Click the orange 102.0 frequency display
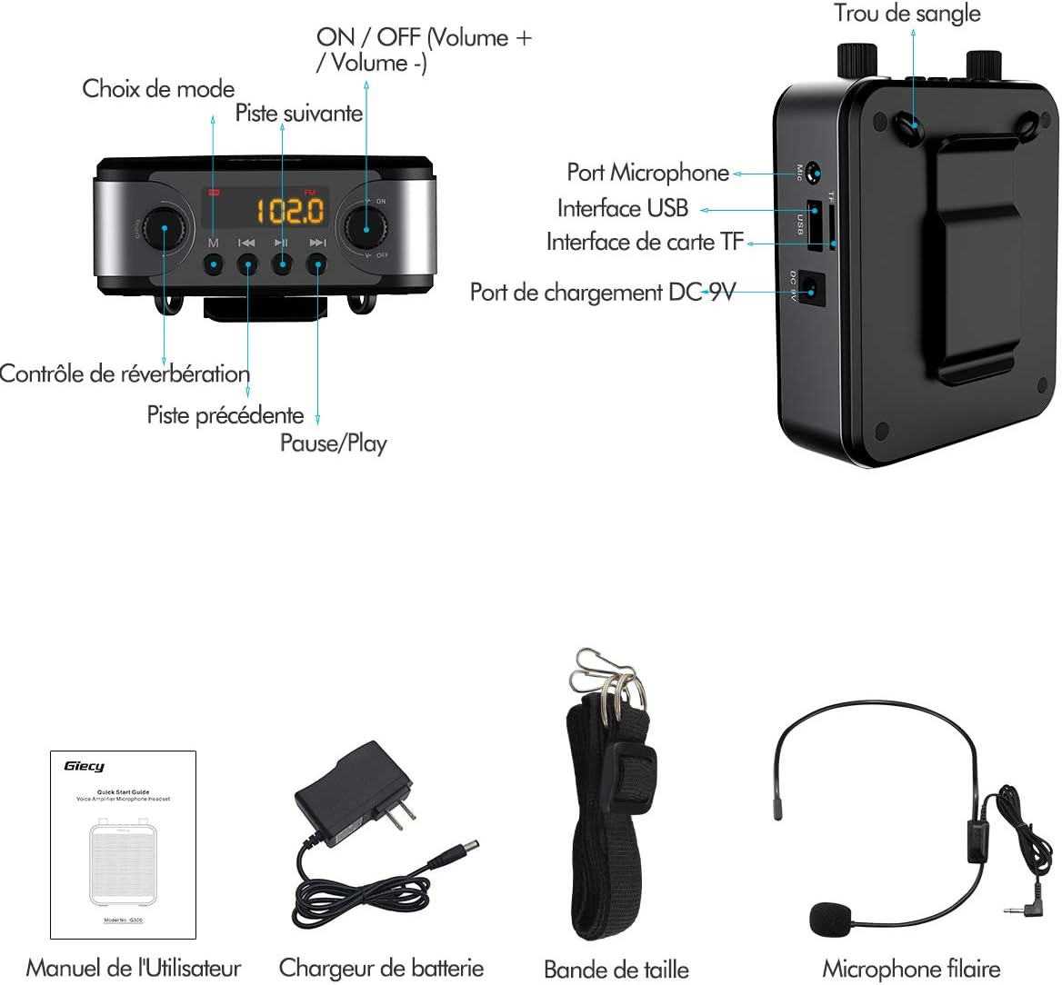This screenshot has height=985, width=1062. pyautogui.click(x=290, y=211)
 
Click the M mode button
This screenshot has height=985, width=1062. pyautogui.click(x=213, y=264)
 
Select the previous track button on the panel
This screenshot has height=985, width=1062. pyautogui.click(x=247, y=264)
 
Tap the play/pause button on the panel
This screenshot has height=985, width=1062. pyautogui.click(x=282, y=264)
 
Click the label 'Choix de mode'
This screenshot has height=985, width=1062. pyautogui.click(x=158, y=89)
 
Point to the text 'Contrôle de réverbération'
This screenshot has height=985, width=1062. pyautogui.click(x=125, y=373)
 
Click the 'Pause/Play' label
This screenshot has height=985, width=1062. pyautogui.click(x=333, y=443)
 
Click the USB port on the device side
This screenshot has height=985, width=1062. pyautogui.click(x=816, y=224)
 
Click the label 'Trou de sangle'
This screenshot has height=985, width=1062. pyautogui.click(x=907, y=14)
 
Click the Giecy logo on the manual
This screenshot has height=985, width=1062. pyautogui.click(x=84, y=766)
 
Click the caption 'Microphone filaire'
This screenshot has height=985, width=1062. pyautogui.click(x=911, y=969)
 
